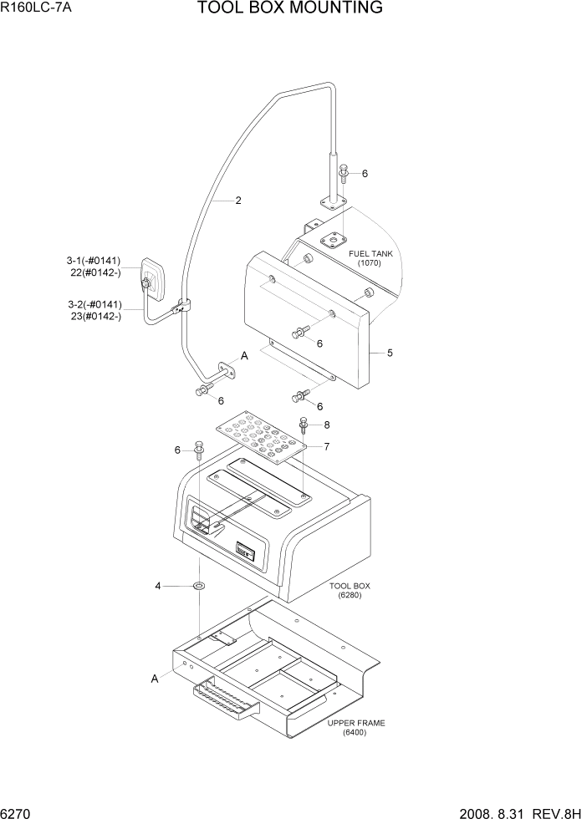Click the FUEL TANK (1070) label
click(x=369, y=257)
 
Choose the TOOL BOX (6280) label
click(x=350, y=591)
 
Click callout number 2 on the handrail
click(x=238, y=201)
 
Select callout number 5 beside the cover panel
click(x=390, y=353)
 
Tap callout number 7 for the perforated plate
click(x=326, y=446)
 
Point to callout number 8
click(x=326, y=425)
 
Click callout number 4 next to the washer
click(x=157, y=587)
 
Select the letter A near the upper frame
click(x=155, y=679)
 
